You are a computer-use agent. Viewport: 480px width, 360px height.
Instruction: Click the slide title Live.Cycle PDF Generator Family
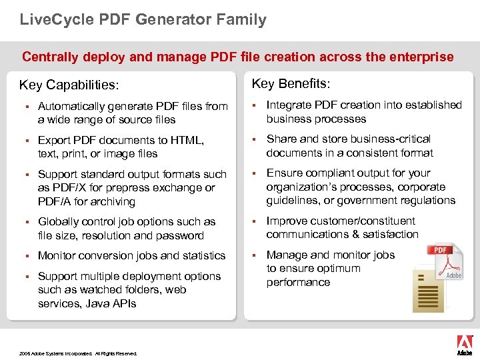pyautogui.click(x=143, y=19)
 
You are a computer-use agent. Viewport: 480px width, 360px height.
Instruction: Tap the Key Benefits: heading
pyautogui.click(x=291, y=83)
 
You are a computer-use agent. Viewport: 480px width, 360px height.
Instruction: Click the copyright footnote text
pyautogui.click(x=78, y=353)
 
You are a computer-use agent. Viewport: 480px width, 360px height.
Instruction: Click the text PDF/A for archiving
pyautogui.click(x=87, y=201)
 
